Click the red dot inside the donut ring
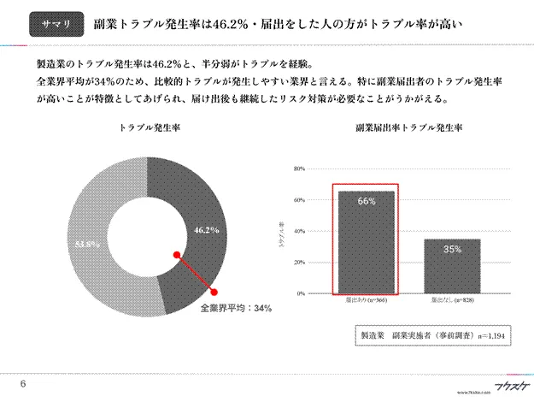pyautogui.click(x=175, y=254)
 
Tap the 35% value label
pyautogui.click(x=452, y=249)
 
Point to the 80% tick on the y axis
pyautogui.click(x=300, y=168)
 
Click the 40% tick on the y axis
pyautogui.click(x=300, y=231)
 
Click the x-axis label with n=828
pyautogui.click(x=452, y=302)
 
